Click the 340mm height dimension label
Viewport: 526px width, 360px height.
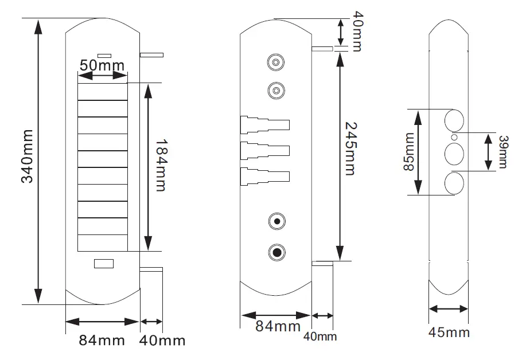26,156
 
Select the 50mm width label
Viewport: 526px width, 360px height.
102,65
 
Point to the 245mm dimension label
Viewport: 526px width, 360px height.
349,148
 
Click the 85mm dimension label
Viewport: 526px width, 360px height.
408,152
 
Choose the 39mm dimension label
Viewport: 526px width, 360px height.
502,152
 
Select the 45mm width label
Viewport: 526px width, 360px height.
449,332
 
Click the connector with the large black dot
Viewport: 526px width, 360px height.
277,252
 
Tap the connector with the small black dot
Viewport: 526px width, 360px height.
277,221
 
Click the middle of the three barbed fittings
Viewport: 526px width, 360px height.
264,151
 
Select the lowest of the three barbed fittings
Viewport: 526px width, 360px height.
264,175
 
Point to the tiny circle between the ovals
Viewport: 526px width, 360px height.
454,138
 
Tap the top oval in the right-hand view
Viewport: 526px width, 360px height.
455,120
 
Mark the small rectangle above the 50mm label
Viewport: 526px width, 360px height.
104,55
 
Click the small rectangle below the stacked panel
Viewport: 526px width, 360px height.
104,264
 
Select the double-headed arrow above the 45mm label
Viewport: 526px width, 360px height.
449,308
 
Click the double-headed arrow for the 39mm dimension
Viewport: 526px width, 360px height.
488,152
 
